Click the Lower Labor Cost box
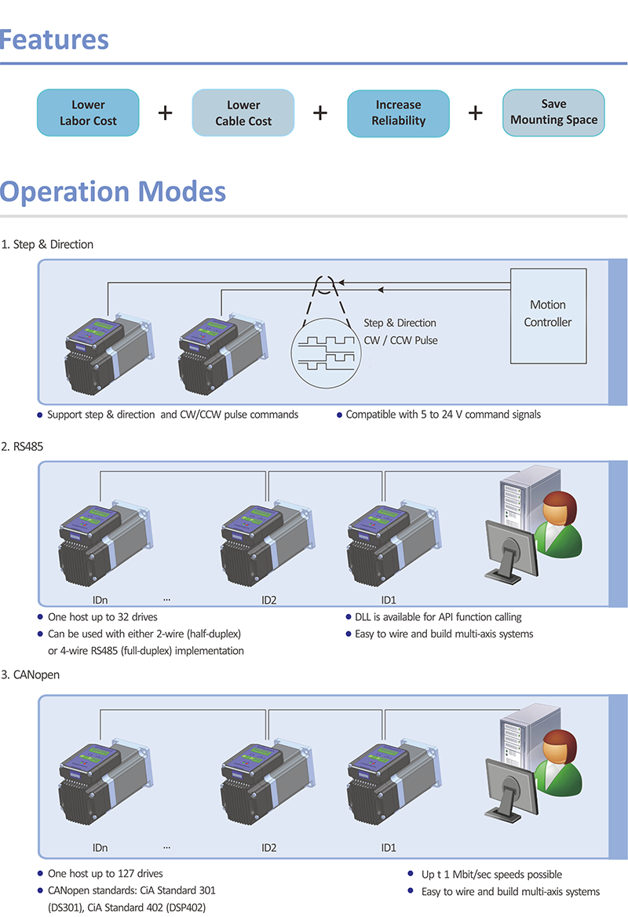click(x=88, y=113)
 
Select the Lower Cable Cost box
click(x=243, y=113)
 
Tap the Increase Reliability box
click(x=399, y=113)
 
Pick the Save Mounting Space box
click(x=553, y=112)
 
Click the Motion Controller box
click(x=548, y=314)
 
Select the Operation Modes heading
click(x=114, y=192)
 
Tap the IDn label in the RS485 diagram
click(x=100, y=601)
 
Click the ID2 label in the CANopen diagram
click(x=268, y=848)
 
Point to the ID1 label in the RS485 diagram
click(x=389, y=601)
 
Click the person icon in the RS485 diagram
click(x=559, y=523)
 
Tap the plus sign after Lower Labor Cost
click(x=165, y=113)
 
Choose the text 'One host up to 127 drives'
click(x=105, y=874)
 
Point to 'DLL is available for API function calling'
click(x=433, y=617)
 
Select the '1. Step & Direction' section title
click(x=48, y=244)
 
